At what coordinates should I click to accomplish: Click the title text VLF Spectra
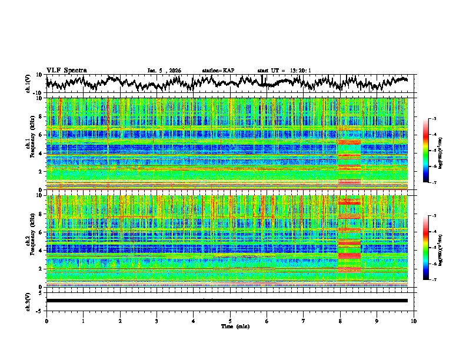[66, 70]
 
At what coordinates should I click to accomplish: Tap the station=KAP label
[218, 71]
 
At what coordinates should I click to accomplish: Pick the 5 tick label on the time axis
[230, 321]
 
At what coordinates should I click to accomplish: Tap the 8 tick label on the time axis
[340, 321]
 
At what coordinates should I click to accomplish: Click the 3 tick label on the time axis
[157, 321]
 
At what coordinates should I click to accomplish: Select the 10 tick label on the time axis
[414, 321]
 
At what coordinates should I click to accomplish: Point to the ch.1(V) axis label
[29, 84]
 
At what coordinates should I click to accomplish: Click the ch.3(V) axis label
[29, 301]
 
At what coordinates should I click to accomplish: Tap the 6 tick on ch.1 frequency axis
[42, 135]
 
